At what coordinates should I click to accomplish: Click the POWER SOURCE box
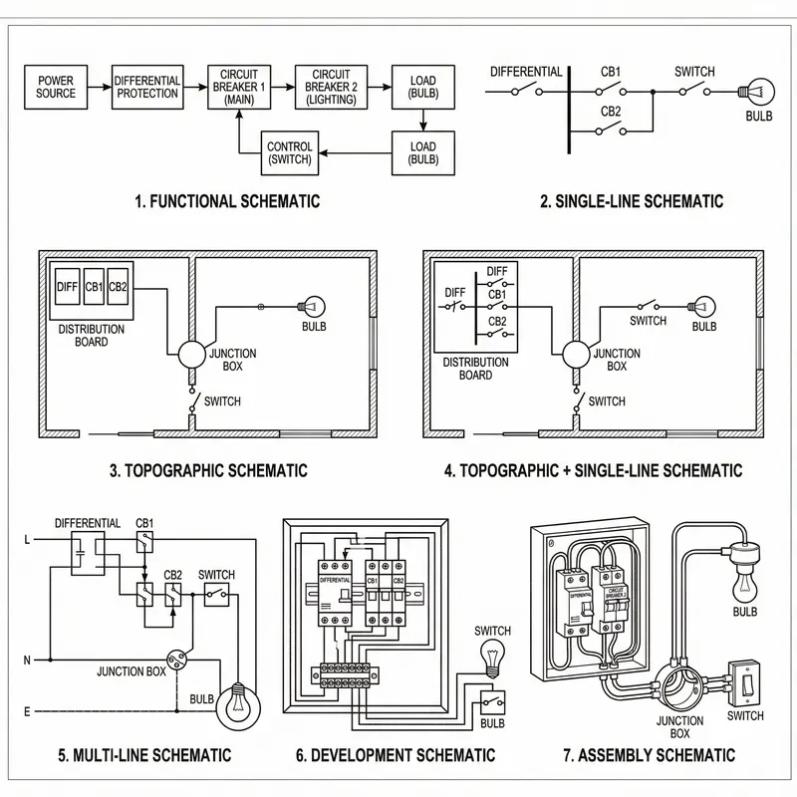pyautogui.click(x=56, y=87)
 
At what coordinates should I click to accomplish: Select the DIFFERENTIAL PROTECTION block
pyautogui.click(x=147, y=87)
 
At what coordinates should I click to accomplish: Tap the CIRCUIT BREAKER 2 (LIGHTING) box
pyautogui.click(x=330, y=87)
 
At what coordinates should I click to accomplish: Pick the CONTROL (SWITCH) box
pyautogui.click(x=290, y=153)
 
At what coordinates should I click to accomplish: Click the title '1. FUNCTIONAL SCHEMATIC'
pyautogui.click(x=227, y=201)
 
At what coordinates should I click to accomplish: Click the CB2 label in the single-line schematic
pyautogui.click(x=612, y=111)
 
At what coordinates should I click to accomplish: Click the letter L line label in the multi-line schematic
pyautogui.click(x=27, y=541)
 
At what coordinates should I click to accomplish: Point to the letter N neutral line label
pyautogui.click(x=27, y=660)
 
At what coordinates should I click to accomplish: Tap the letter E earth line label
pyautogui.click(x=27, y=711)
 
